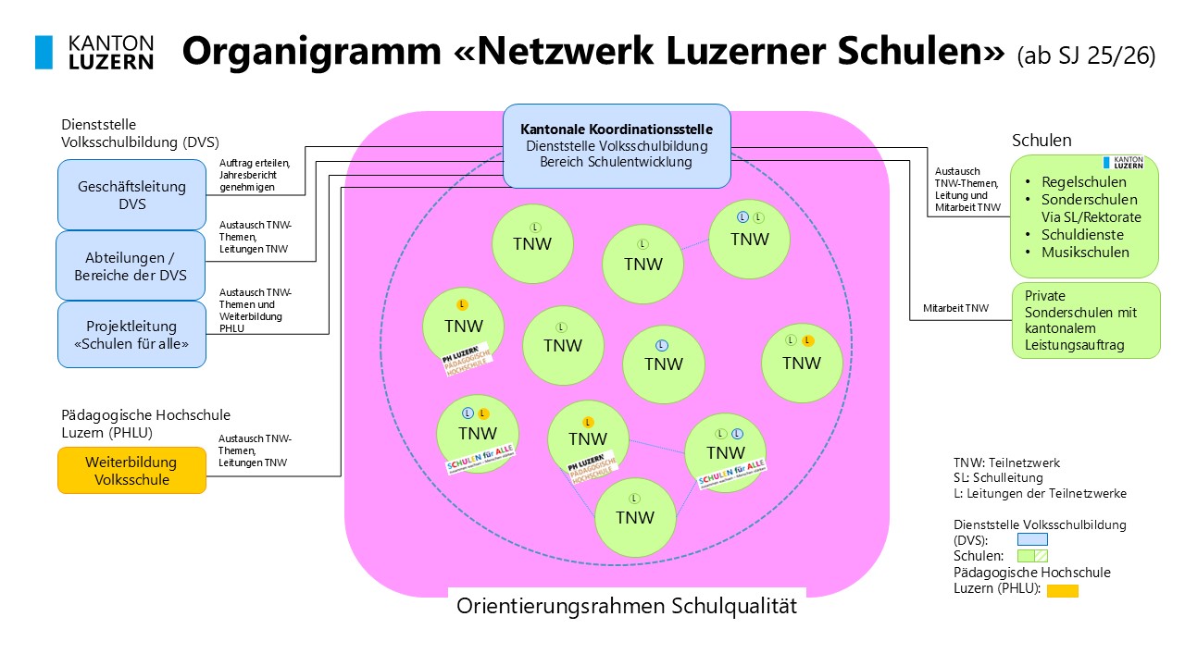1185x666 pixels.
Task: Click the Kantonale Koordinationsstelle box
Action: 616,145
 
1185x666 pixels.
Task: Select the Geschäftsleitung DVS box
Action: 131,194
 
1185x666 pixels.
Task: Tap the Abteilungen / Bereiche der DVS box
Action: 131,265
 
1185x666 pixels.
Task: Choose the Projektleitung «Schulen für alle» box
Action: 131,334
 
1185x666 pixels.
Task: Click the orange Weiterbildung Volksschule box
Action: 131,470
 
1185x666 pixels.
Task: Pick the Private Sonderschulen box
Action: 1085,320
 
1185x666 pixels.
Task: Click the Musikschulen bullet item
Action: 1084,253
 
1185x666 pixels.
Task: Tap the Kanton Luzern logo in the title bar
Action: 94,53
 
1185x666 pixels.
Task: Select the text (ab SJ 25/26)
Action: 1086,55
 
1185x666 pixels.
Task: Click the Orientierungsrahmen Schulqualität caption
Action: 627,607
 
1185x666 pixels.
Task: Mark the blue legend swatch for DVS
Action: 1032,539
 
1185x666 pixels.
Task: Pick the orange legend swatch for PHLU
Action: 1062,590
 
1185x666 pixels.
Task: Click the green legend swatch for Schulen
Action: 1032,556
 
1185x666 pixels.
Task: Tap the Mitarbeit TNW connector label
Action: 955,308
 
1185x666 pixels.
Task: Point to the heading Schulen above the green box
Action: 1042,141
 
